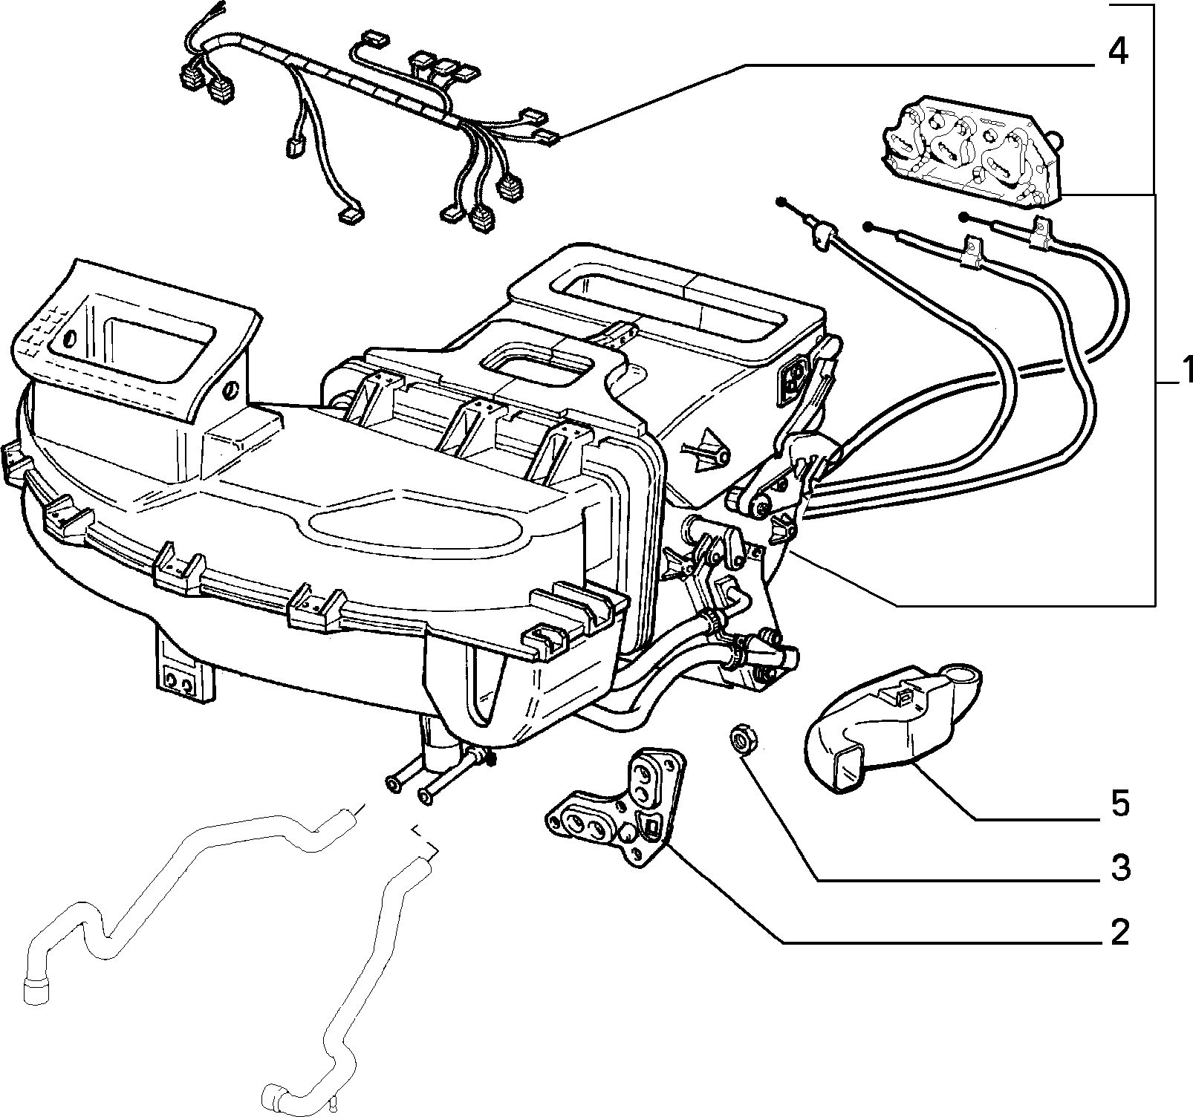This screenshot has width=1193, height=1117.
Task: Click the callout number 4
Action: coord(1116,53)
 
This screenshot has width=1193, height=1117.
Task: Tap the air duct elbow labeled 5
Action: coord(891,728)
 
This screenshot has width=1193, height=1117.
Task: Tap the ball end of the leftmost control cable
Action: coord(781,202)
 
